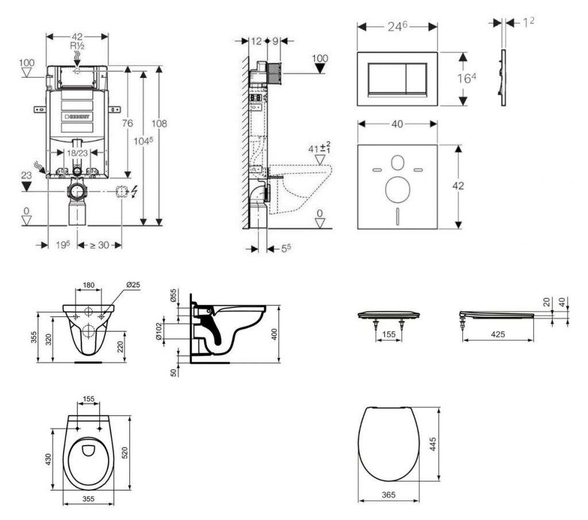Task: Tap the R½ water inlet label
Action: tap(78, 45)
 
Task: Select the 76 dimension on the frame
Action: tap(127, 123)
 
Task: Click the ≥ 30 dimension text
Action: tap(99, 245)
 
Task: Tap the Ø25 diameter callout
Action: tap(133, 285)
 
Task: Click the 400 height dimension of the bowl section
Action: tap(274, 334)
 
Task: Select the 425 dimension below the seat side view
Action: tap(498, 334)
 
